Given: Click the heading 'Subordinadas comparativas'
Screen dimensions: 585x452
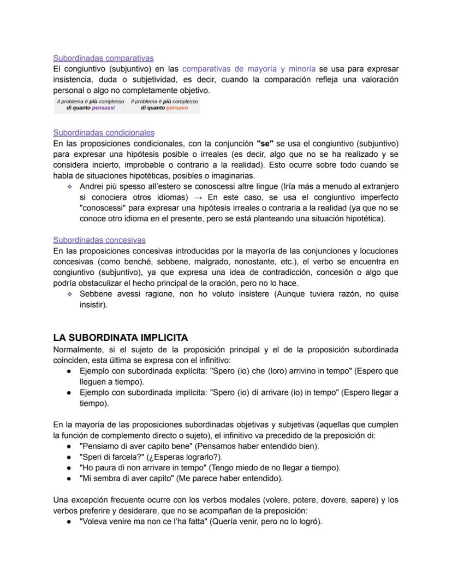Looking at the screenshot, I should tap(103, 58).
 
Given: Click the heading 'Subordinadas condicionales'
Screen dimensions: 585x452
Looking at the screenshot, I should tap(104, 133).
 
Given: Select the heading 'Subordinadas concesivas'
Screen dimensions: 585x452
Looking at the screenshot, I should tap(99, 240).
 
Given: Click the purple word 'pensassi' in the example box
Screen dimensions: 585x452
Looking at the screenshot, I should tap(104, 108).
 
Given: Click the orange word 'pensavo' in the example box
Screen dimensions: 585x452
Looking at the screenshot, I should tap(177, 108).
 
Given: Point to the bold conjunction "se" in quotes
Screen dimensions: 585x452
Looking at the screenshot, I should tap(265, 144).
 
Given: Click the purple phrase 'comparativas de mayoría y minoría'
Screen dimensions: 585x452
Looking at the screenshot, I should tap(248, 69).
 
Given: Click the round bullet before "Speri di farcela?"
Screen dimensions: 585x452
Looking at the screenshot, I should tap(69, 457).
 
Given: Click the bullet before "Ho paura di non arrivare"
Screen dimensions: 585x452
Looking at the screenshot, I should tap(69, 468).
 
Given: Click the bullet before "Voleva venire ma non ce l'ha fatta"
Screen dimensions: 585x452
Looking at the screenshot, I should tap(69, 521).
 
